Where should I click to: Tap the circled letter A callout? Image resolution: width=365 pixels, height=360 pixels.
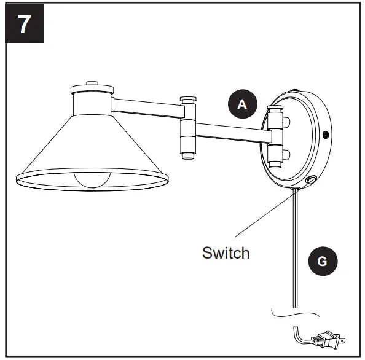click(242, 104)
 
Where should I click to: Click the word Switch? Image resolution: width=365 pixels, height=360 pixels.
click(226, 252)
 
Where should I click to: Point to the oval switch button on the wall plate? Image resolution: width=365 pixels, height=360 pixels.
click(311, 181)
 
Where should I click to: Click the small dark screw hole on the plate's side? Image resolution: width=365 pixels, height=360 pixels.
click(325, 134)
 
